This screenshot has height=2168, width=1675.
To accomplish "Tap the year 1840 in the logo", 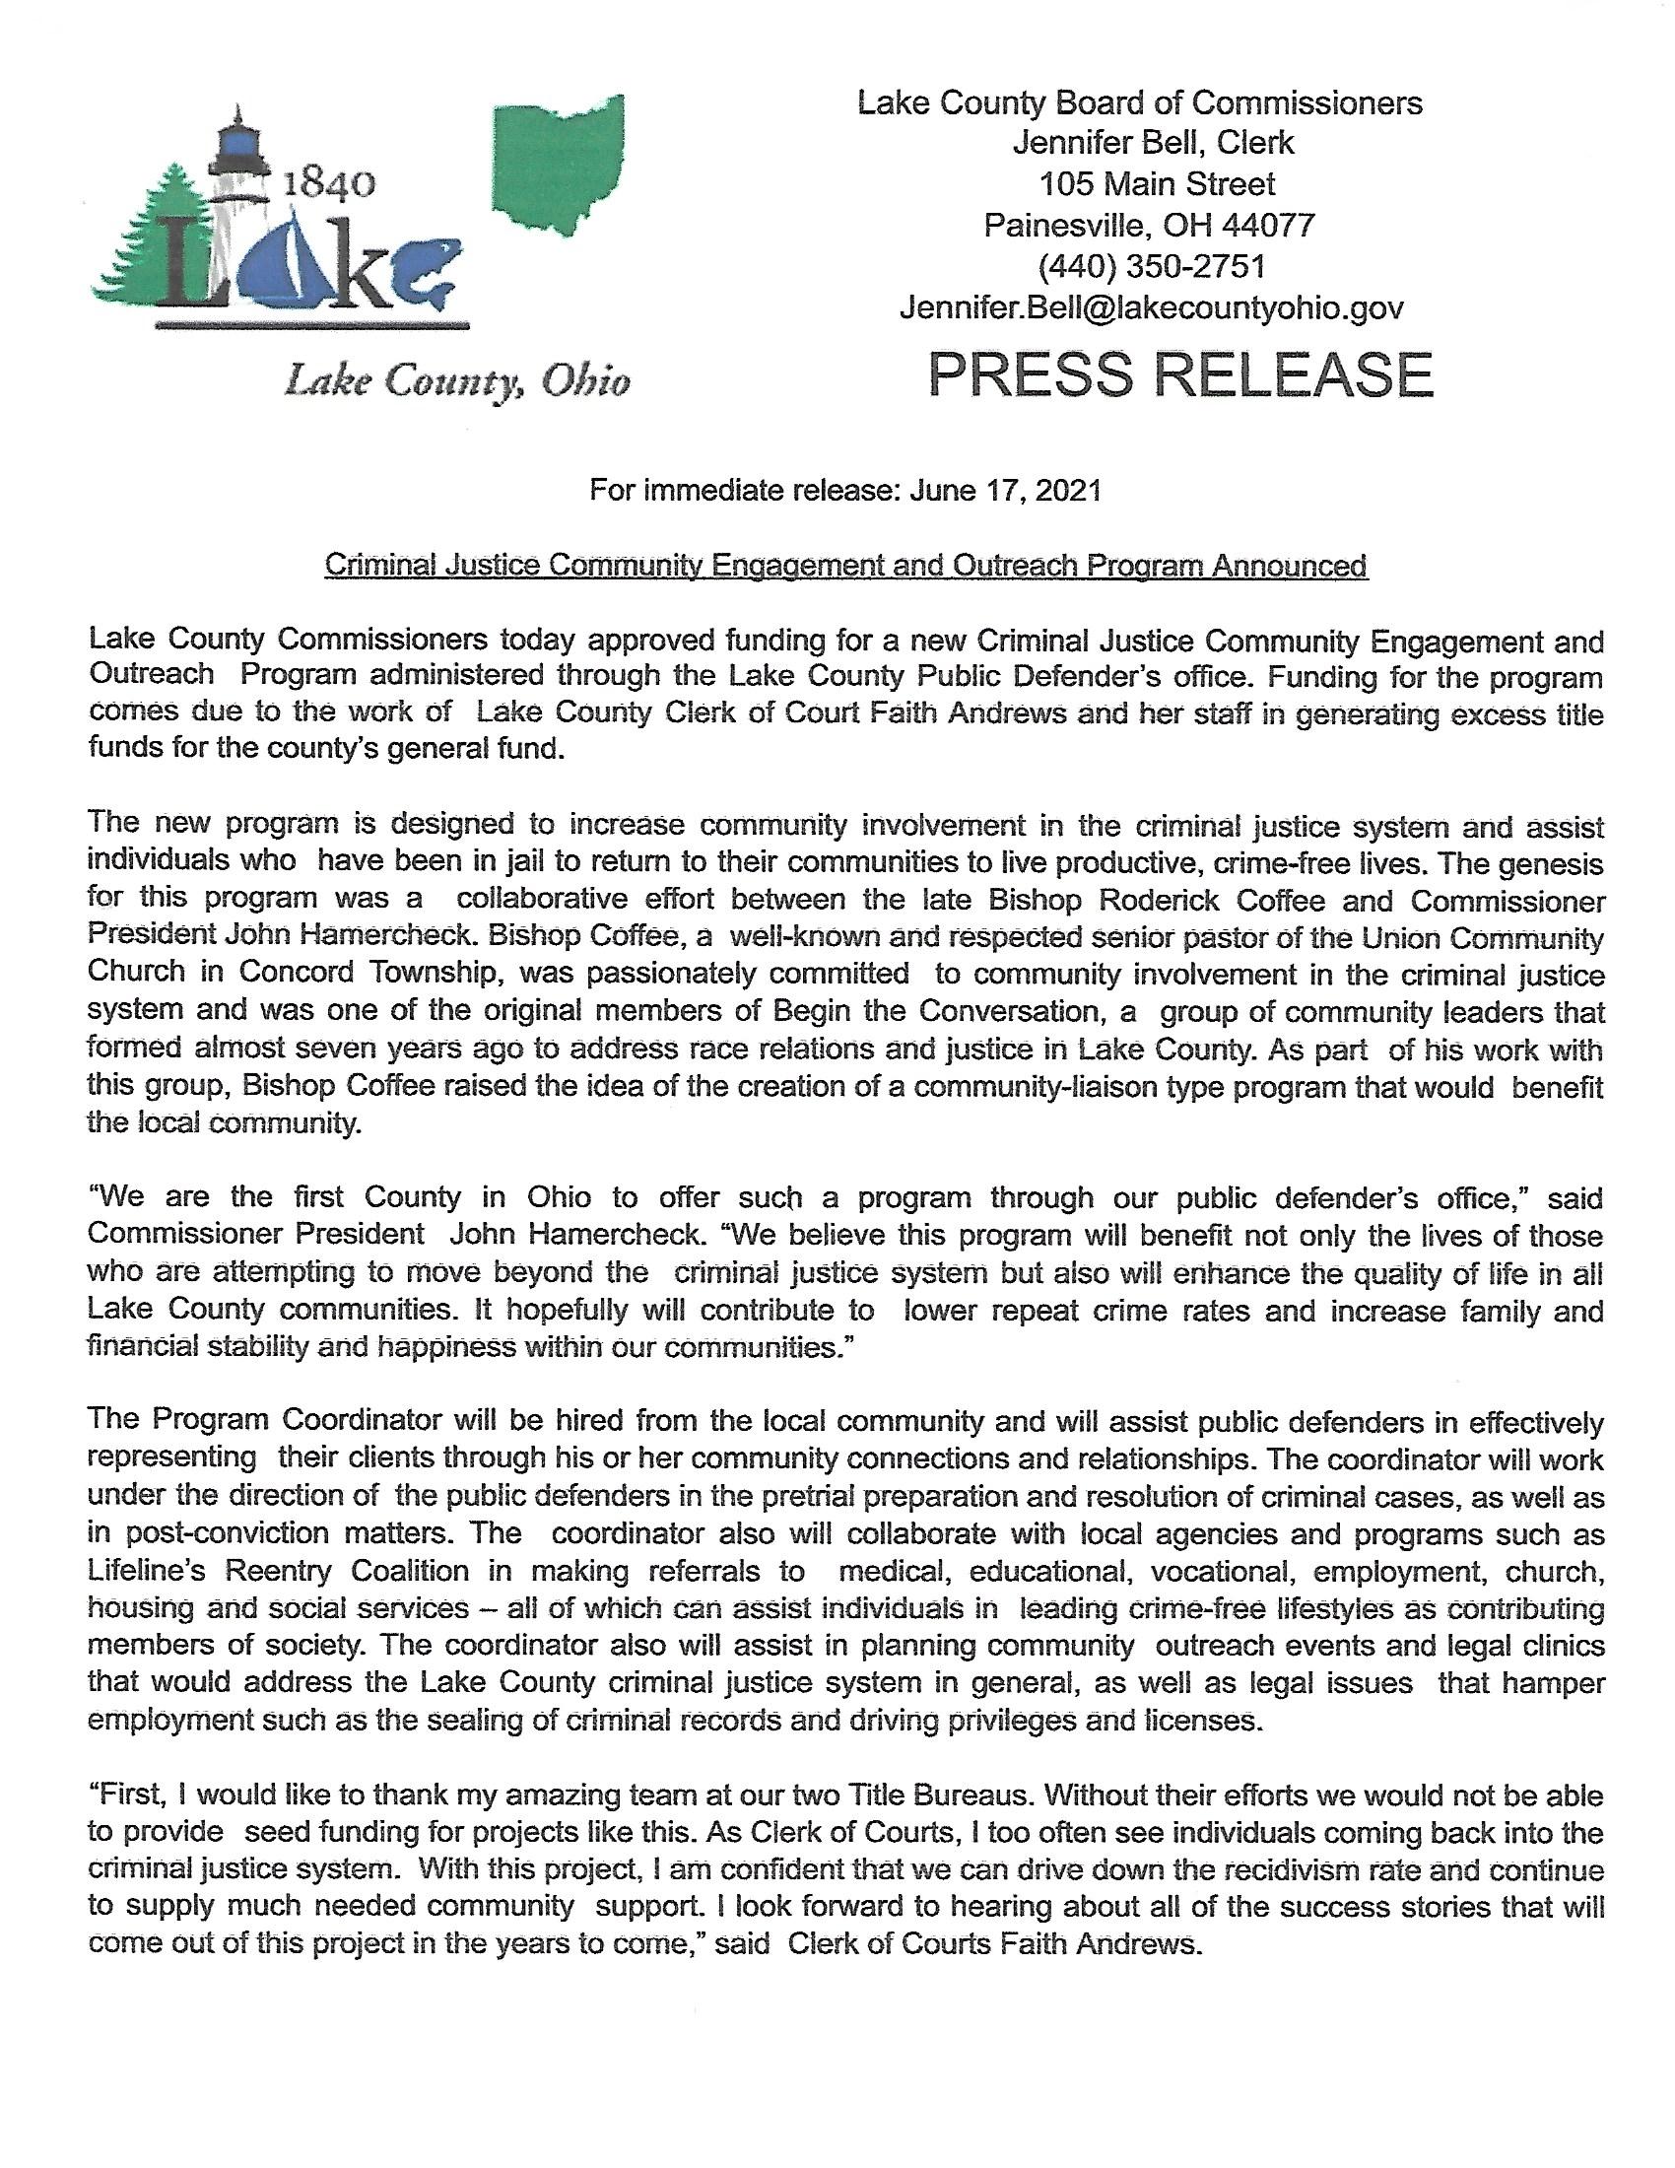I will (x=328, y=184).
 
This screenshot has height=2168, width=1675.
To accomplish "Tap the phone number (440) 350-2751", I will (x=1151, y=266).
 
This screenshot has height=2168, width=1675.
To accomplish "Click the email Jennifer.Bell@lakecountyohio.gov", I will (x=1151, y=307).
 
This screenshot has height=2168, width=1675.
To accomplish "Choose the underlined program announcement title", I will (x=846, y=565).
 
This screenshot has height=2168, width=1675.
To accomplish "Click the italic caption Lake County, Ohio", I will (x=457, y=381).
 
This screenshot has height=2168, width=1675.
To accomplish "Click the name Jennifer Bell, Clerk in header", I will (x=1152, y=143).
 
